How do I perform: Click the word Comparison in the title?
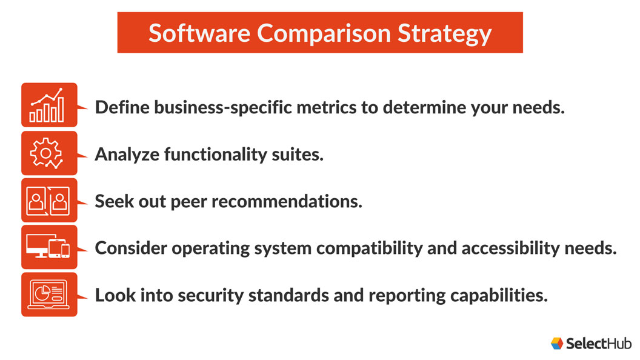click(x=324, y=33)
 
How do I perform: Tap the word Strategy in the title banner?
click(x=444, y=33)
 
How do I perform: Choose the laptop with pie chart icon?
click(x=49, y=295)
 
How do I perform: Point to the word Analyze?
click(x=127, y=155)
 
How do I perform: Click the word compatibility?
click(x=369, y=248)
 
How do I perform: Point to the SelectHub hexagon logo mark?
click(x=557, y=343)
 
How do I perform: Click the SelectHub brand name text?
click(x=598, y=344)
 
